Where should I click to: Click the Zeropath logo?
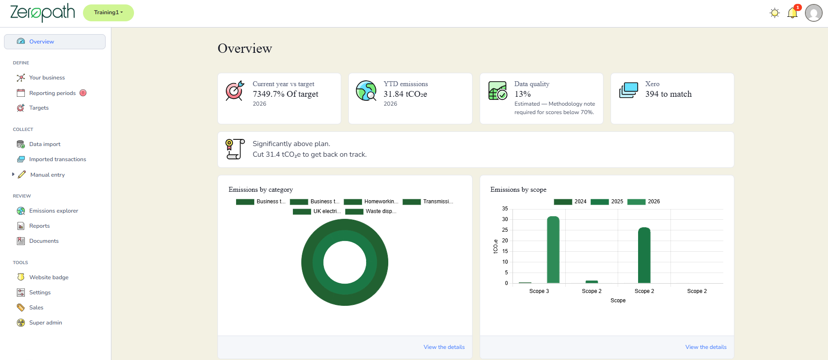43,12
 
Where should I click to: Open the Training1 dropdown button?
108,12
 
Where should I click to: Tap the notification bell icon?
793,13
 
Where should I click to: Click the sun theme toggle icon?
775,13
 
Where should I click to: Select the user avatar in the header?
814,13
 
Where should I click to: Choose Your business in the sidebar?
47,78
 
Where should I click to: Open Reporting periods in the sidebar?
52,93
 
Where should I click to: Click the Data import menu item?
45,144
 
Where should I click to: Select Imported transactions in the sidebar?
58,159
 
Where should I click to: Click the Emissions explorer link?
54,211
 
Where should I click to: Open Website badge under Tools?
49,277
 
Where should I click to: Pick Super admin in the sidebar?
46,323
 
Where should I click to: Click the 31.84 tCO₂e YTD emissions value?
405,94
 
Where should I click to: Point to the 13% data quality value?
523,94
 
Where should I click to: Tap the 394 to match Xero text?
668,94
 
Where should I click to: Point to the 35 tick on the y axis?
505,209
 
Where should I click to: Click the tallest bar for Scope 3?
553,249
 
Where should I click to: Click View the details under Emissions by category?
444,347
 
